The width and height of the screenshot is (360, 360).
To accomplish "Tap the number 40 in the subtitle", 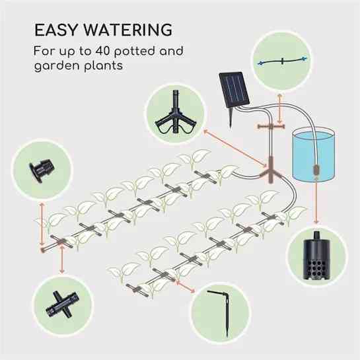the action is pyautogui.click(x=102, y=51).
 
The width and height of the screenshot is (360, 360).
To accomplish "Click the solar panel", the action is pyautogui.click(x=234, y=90).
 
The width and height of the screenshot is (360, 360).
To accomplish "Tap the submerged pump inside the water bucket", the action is pyautogui.click(x=316, y=172).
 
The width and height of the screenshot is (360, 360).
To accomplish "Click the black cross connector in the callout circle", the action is pyautogui.click(x=62, y=305).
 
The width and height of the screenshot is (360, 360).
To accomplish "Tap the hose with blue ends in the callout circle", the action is pyautogui.click(x=282, y=61).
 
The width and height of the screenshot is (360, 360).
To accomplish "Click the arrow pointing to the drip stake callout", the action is pyautogui.click(x=185, y=286).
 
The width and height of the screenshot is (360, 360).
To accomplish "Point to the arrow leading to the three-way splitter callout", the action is pyautogui.click(x=235, y=148).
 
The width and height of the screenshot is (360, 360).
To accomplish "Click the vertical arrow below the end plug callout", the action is pyautogui.click(x=42, y=225).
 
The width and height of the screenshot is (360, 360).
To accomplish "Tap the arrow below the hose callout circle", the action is pyautogui.click(x=279, y=109).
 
